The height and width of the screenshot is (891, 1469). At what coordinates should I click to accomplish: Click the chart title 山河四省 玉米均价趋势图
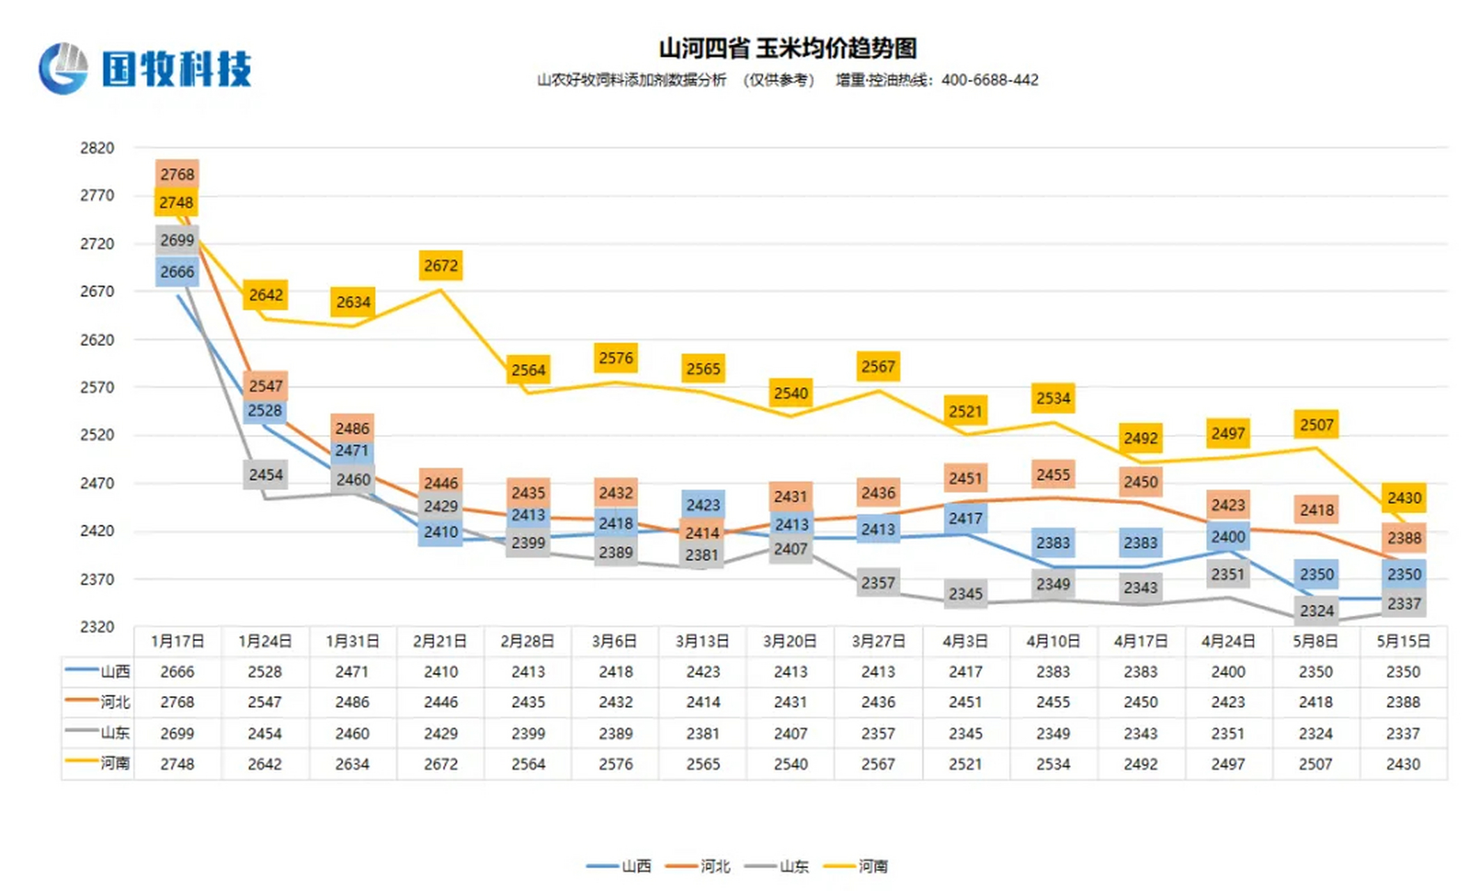787,48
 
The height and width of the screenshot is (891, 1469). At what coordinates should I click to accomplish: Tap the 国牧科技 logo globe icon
63,68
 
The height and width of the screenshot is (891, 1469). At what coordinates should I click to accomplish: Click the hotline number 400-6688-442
989,80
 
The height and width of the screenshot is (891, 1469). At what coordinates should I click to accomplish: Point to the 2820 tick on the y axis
97,148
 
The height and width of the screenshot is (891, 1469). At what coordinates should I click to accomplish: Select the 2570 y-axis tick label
97,388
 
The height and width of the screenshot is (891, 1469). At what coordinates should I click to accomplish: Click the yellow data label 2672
440,265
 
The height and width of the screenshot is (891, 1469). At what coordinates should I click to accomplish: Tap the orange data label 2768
177,174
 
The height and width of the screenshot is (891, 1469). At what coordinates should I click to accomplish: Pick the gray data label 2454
265,475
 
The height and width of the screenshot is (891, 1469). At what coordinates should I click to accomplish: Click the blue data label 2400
1228,537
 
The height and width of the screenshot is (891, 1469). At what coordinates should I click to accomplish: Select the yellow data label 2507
1316,425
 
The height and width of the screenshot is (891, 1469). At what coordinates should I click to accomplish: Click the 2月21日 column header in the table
440,641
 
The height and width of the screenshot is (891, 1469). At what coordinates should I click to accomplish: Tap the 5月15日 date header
1403,641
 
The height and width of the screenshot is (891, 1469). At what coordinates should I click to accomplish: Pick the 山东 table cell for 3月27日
878,733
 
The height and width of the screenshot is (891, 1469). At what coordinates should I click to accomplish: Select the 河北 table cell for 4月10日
1052,702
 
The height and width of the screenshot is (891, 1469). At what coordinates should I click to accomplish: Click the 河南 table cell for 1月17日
177,764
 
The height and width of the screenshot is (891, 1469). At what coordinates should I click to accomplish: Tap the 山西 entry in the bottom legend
635,866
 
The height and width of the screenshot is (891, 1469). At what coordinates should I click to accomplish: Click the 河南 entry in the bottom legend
872,866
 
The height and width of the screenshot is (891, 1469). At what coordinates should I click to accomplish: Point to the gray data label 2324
1316,610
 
